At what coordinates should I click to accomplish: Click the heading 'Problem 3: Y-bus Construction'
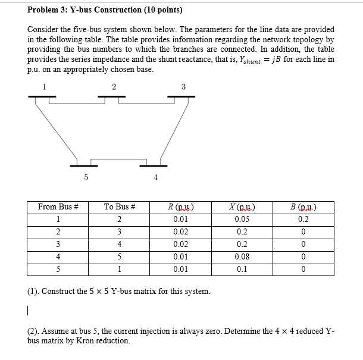coord(105,10)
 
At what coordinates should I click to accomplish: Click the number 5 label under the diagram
coord(86,177)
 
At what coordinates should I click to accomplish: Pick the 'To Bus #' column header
coord(120,207)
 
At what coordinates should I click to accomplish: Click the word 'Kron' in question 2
coord(96,341)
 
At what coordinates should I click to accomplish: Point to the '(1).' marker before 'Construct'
coord(34,292)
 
